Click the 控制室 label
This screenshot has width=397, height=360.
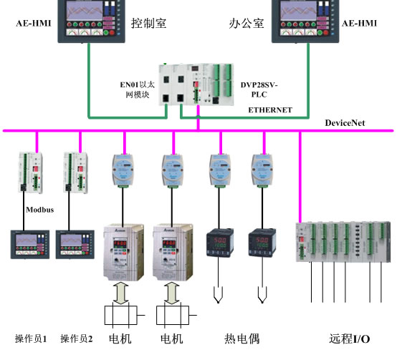pyautogui.click(x=148, y=23)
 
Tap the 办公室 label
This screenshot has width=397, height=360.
pyautogui.click(x=247, y=24)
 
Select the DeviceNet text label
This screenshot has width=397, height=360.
pyautogui.click(x=345, y=123)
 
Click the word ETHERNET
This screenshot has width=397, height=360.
pyautogui.click(x=270, y=110)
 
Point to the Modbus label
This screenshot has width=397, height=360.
pyautogui.click(x=39, y=210)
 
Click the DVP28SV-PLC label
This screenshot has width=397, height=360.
pyautogui.click(x=259, y=89)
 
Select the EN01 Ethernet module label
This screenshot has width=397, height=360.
pyautogui.click(x=137, y=89)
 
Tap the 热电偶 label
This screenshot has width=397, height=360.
pyautogui.click(x=241, y=339)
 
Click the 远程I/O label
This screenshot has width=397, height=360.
pyautogui.click(x=350, y=339)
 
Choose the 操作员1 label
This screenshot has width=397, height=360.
pyautogui.click(x=31, y=339)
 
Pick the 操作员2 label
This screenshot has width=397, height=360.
pyautogui.click(x=76, y=339)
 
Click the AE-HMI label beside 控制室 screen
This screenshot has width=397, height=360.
pyautogui.click(x=34, y=23)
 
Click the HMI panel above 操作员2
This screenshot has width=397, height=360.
pyautogui.click(x=75, y=245)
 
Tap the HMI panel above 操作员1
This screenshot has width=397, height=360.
pyautogui.click(x=30, y=245)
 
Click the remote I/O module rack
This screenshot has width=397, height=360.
pyautogui.click(x=343, y=242)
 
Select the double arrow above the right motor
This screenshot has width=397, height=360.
pyautogui.click(x=172, y=293)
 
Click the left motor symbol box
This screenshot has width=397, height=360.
pyautogui.click(x=121, y=315)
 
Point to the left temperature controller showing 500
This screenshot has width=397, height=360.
pyautogui.click(x=220, y=243)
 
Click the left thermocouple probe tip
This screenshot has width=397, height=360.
pyautogui.click(x=218, y=301)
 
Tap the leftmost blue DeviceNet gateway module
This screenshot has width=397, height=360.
pyautogui.click(x=123, y=170)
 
